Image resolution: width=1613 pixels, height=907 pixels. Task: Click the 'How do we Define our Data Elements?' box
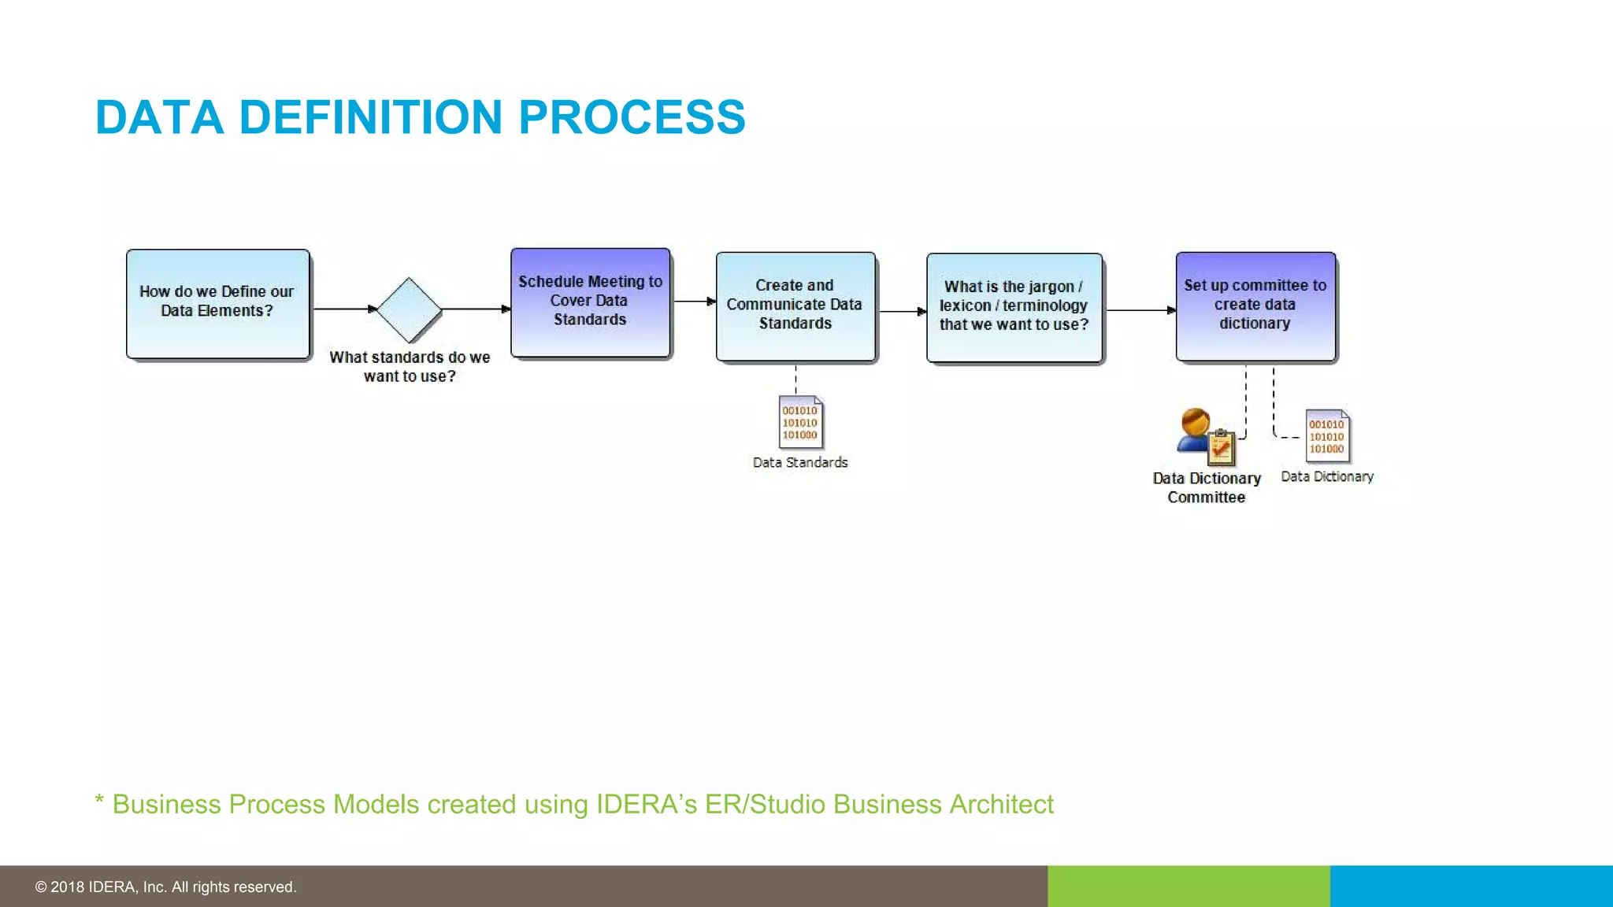tap(217, 304)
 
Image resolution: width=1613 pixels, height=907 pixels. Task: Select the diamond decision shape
tap(409, 309)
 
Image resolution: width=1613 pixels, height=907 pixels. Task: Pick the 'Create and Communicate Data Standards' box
tap(795, 306)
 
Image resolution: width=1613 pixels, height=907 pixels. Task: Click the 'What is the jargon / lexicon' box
tap(1014, 307)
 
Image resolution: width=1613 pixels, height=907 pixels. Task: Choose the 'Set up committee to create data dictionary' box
tap(1255, 306)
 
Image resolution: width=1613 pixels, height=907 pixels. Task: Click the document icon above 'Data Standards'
tap(801, 422)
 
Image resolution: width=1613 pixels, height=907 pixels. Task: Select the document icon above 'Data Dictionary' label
tap(1327, 435)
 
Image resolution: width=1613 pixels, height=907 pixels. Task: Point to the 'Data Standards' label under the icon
tap(800, 463)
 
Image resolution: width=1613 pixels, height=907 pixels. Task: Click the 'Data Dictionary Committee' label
tap(1207, 487)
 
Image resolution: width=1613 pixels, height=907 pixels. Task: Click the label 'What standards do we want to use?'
tap(410, 367)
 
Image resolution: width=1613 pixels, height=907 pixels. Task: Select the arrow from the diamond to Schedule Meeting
tap(476, 309)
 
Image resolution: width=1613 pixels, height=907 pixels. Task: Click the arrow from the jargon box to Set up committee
tap(1140, 310)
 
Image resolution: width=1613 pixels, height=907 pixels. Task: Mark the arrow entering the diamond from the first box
tap(344, 309)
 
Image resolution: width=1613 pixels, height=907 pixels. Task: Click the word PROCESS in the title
tap(632, 117)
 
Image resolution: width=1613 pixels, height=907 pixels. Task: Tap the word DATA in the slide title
tap(159, 117)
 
